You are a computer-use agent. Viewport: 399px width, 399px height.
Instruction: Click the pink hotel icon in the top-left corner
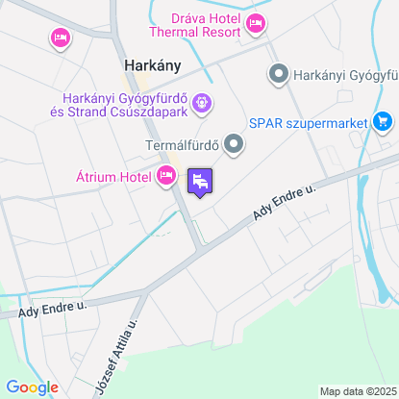(x=60, y=37)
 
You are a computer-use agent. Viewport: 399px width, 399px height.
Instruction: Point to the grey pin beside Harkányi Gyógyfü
(x=279, y=73)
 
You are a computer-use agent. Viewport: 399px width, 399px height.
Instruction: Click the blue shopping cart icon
(x=384, y=121)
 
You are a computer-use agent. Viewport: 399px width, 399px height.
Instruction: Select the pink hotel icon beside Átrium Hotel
(x=166, y=175)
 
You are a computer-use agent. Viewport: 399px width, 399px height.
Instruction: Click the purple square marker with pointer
(x=200, y=181)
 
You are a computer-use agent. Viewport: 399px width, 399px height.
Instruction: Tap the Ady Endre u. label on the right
(x=285, y=207)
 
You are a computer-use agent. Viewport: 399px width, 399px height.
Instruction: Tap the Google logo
(x=33, y=387)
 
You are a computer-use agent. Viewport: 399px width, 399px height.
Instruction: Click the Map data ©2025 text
(x=358, y=391)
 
